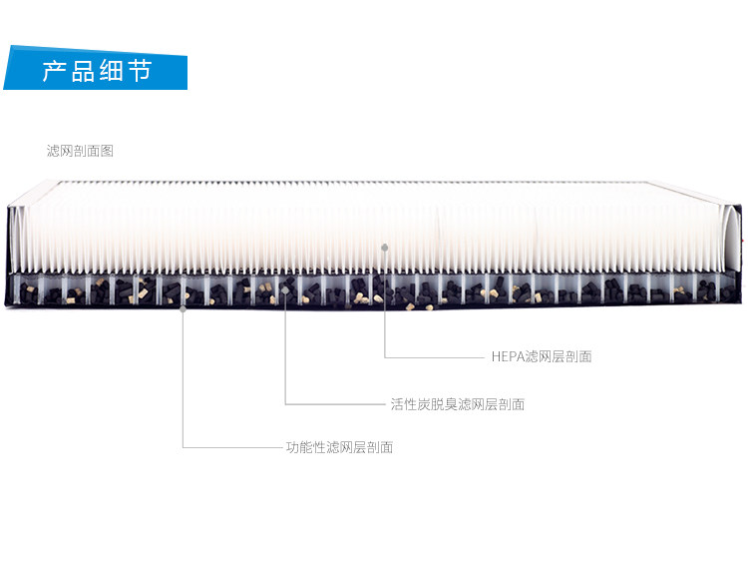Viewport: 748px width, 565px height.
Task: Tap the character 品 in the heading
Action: tap(82, 72)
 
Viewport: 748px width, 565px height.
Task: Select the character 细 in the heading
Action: tap(111, 72)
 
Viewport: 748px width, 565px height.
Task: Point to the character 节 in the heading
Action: tap(140, 72)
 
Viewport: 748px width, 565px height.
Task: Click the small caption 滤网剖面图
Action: tap(80, 151)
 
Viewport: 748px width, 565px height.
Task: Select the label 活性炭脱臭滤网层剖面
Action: tap(457, 404)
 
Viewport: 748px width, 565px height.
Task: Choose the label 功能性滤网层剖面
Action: tap(339, 447)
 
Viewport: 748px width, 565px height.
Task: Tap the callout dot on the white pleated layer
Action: tap(385, 246)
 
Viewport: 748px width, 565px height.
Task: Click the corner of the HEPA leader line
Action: tap(385, 356)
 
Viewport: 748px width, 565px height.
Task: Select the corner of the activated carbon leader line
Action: tap(285, 404)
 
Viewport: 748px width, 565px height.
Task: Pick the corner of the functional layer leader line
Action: tap(183, 447)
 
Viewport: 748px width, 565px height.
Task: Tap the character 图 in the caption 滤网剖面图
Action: tap(108, 151)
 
